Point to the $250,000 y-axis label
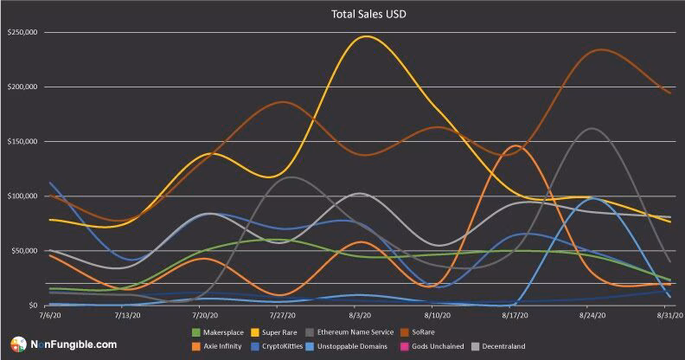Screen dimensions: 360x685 (22, 33)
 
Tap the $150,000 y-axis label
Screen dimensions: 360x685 (22, 142)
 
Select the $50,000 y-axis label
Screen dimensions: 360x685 (24, 251)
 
